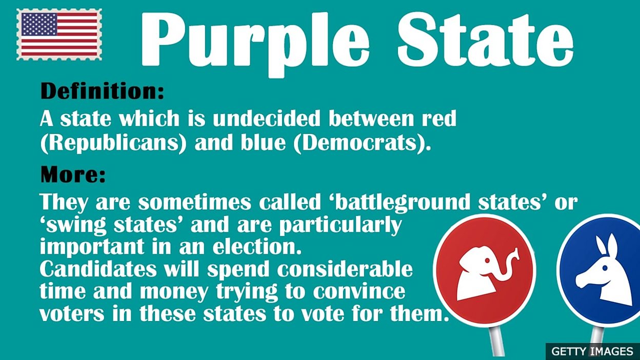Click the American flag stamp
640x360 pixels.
(59, 34)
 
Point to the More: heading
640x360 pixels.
(73, 175)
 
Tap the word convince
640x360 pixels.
(359, 291)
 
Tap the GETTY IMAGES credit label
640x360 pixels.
(592, 351)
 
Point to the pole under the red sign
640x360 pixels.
(496, 341)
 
